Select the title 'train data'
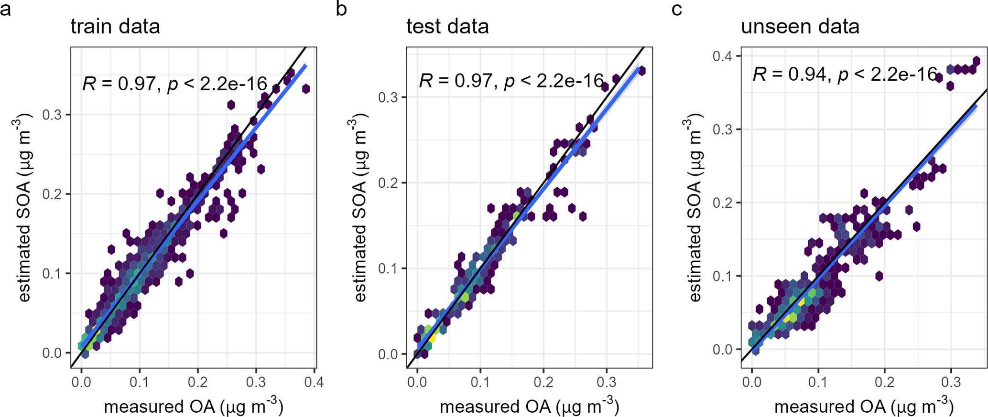click(x=115, y=26)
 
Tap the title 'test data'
click(x=447, y=26)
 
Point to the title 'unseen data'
click(x=800, y=26)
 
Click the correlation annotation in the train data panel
click(x=174, y=84)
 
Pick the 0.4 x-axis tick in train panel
click(x=314, y=382)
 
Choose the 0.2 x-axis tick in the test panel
click(x=543, y=382)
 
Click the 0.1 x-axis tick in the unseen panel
click(x=818, y=382)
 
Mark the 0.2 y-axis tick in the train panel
click(x=52, y=194)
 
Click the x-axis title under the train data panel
click(x=194, y=406)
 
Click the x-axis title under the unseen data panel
click(x=864, y=406)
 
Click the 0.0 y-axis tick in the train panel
click(x=52, y=353)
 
